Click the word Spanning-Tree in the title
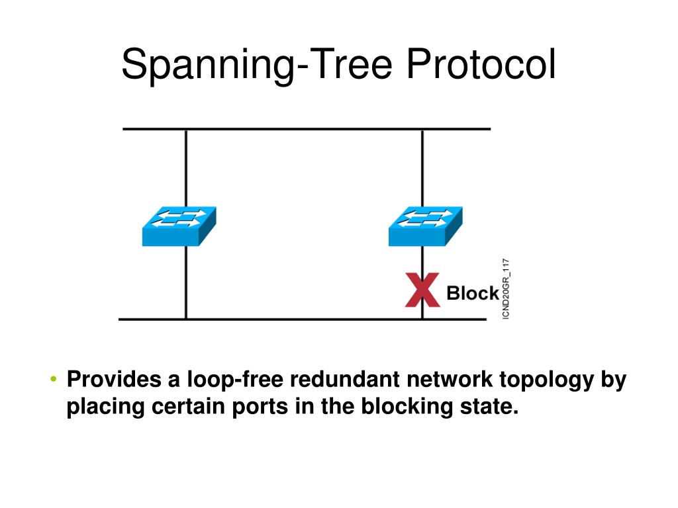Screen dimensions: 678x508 [x=257, y=65]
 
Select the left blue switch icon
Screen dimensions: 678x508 [x=179, y=226]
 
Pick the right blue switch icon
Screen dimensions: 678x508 [x=426, y=226]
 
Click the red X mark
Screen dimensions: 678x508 [x=422, y=290]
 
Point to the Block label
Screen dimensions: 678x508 [x=473, y=293]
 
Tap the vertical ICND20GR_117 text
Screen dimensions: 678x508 [x=506, y=289]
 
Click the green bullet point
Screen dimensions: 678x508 [x=54, y=379]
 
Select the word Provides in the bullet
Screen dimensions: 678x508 [x=114, y=379]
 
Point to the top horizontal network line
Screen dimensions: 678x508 [x=307, y=129]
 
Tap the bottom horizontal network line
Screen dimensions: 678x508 [x=302, y=319]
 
